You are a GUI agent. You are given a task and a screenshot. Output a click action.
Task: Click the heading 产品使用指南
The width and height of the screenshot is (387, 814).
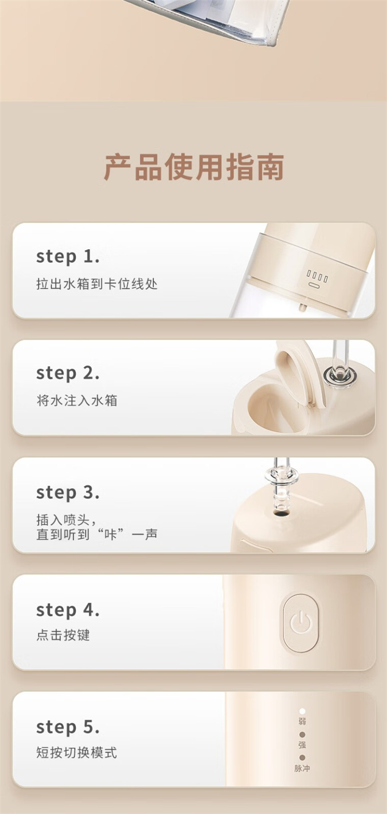(193, 167)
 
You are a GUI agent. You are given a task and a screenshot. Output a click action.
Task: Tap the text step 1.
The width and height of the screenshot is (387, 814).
(68, 257)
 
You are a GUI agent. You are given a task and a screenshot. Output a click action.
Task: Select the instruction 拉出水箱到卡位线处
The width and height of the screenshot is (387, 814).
(96, 284)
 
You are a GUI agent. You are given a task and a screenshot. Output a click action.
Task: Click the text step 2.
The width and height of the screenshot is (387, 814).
(68, 373)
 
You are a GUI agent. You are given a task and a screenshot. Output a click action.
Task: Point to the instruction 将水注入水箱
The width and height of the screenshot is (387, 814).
(77, 400)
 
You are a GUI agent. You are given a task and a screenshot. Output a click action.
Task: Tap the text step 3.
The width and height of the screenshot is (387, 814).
(68, 493)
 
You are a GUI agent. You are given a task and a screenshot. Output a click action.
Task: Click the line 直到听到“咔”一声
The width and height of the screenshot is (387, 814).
(96, 534)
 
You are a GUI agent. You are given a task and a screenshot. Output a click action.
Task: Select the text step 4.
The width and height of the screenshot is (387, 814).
(68, 610)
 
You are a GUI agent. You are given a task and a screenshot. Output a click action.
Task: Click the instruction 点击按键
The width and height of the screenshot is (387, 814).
(63, 635)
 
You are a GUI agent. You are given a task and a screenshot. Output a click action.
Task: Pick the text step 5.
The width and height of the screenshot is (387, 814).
(68, 727)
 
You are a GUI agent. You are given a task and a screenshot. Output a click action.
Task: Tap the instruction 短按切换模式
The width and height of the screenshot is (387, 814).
(77, 752)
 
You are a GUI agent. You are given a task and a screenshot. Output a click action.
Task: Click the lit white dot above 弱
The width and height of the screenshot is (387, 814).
(302, 711)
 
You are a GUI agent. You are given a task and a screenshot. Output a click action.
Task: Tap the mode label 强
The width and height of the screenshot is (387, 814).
(302, 744)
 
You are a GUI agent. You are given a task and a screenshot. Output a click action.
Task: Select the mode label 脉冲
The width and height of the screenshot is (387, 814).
(302, 768)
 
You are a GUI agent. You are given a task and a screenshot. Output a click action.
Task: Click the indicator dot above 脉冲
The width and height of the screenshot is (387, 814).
(302, 758)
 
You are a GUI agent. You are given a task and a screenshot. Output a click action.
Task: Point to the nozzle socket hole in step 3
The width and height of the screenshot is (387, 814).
(281, 514)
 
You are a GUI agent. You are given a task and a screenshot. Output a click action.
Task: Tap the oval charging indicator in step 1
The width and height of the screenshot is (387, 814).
(314, 285)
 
